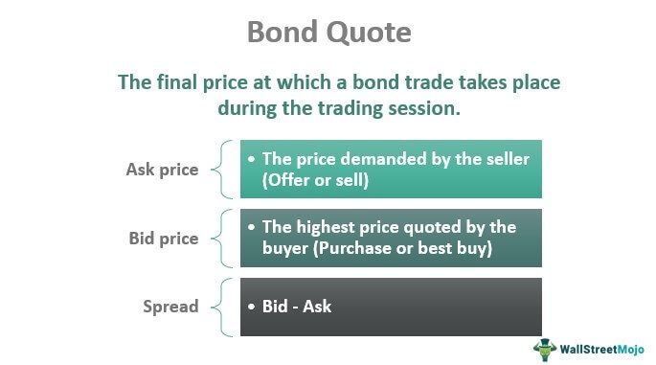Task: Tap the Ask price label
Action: [162, 170]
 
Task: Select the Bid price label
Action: [163, 238]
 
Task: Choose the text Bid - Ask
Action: [296, 308]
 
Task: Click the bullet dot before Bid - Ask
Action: [251, 308]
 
